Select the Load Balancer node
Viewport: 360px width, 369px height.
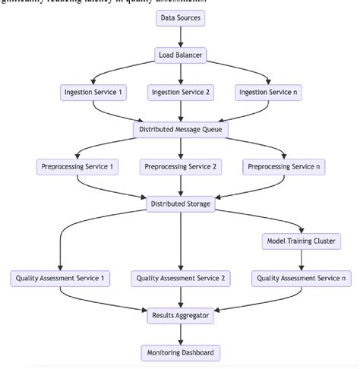point(180,55)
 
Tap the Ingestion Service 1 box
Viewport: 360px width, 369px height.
point(93,93)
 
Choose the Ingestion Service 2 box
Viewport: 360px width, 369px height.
point(180,93)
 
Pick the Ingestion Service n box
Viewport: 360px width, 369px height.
point(268,93)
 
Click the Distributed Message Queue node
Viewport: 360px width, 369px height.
point(180,129)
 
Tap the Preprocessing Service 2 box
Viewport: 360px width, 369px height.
point(180,166)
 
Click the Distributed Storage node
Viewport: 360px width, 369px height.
point(180,203)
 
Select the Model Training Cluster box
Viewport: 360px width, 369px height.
point(301,241)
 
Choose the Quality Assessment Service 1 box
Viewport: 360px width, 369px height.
point(59,279)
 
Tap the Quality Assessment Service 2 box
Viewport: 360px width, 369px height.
point(180,279)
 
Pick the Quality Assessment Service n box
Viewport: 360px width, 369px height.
point(301,279)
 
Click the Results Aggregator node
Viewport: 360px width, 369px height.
point(180,315)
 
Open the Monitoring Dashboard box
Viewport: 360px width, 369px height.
point(180,352)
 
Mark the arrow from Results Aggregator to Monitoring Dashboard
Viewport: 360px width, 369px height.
point(180,333)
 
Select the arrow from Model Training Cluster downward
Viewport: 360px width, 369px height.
point(301,260)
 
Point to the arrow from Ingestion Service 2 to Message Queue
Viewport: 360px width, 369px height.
point(180,111)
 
